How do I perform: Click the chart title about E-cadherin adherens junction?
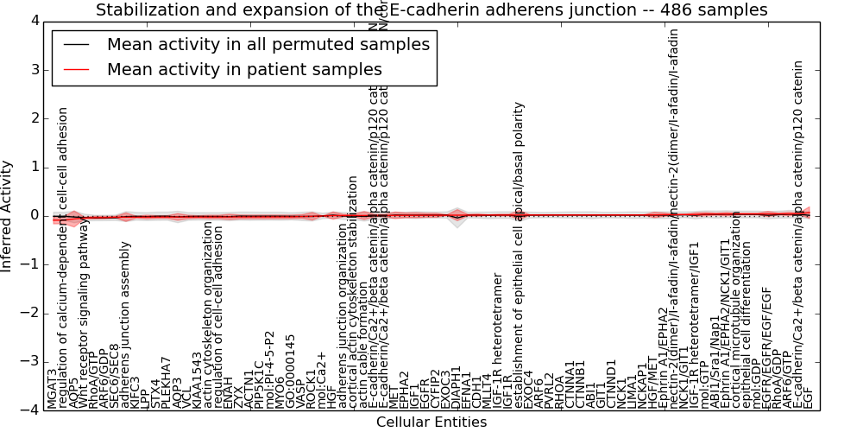pos(431,10)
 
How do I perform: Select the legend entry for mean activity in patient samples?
pos(243,69)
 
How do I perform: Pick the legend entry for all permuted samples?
pos(268,44)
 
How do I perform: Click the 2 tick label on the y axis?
pos(33,118)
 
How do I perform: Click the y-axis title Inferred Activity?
pos(8,216)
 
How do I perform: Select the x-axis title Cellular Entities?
pos(431,422)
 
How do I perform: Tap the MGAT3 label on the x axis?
pos(52,388)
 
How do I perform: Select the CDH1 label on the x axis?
pos(476,393)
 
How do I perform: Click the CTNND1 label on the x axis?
pos(611,386)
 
